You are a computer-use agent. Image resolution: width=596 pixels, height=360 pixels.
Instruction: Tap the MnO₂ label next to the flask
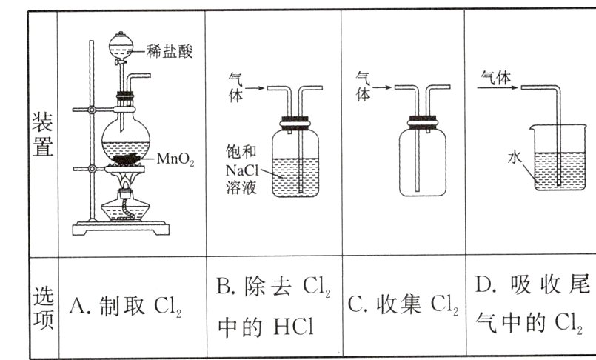click(175, 159)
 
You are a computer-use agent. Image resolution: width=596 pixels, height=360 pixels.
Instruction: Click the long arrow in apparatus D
click(496, 87)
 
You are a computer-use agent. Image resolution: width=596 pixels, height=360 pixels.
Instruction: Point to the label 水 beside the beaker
click(515, 157)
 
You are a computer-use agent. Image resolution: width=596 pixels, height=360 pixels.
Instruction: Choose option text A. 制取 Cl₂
click(125, 306)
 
